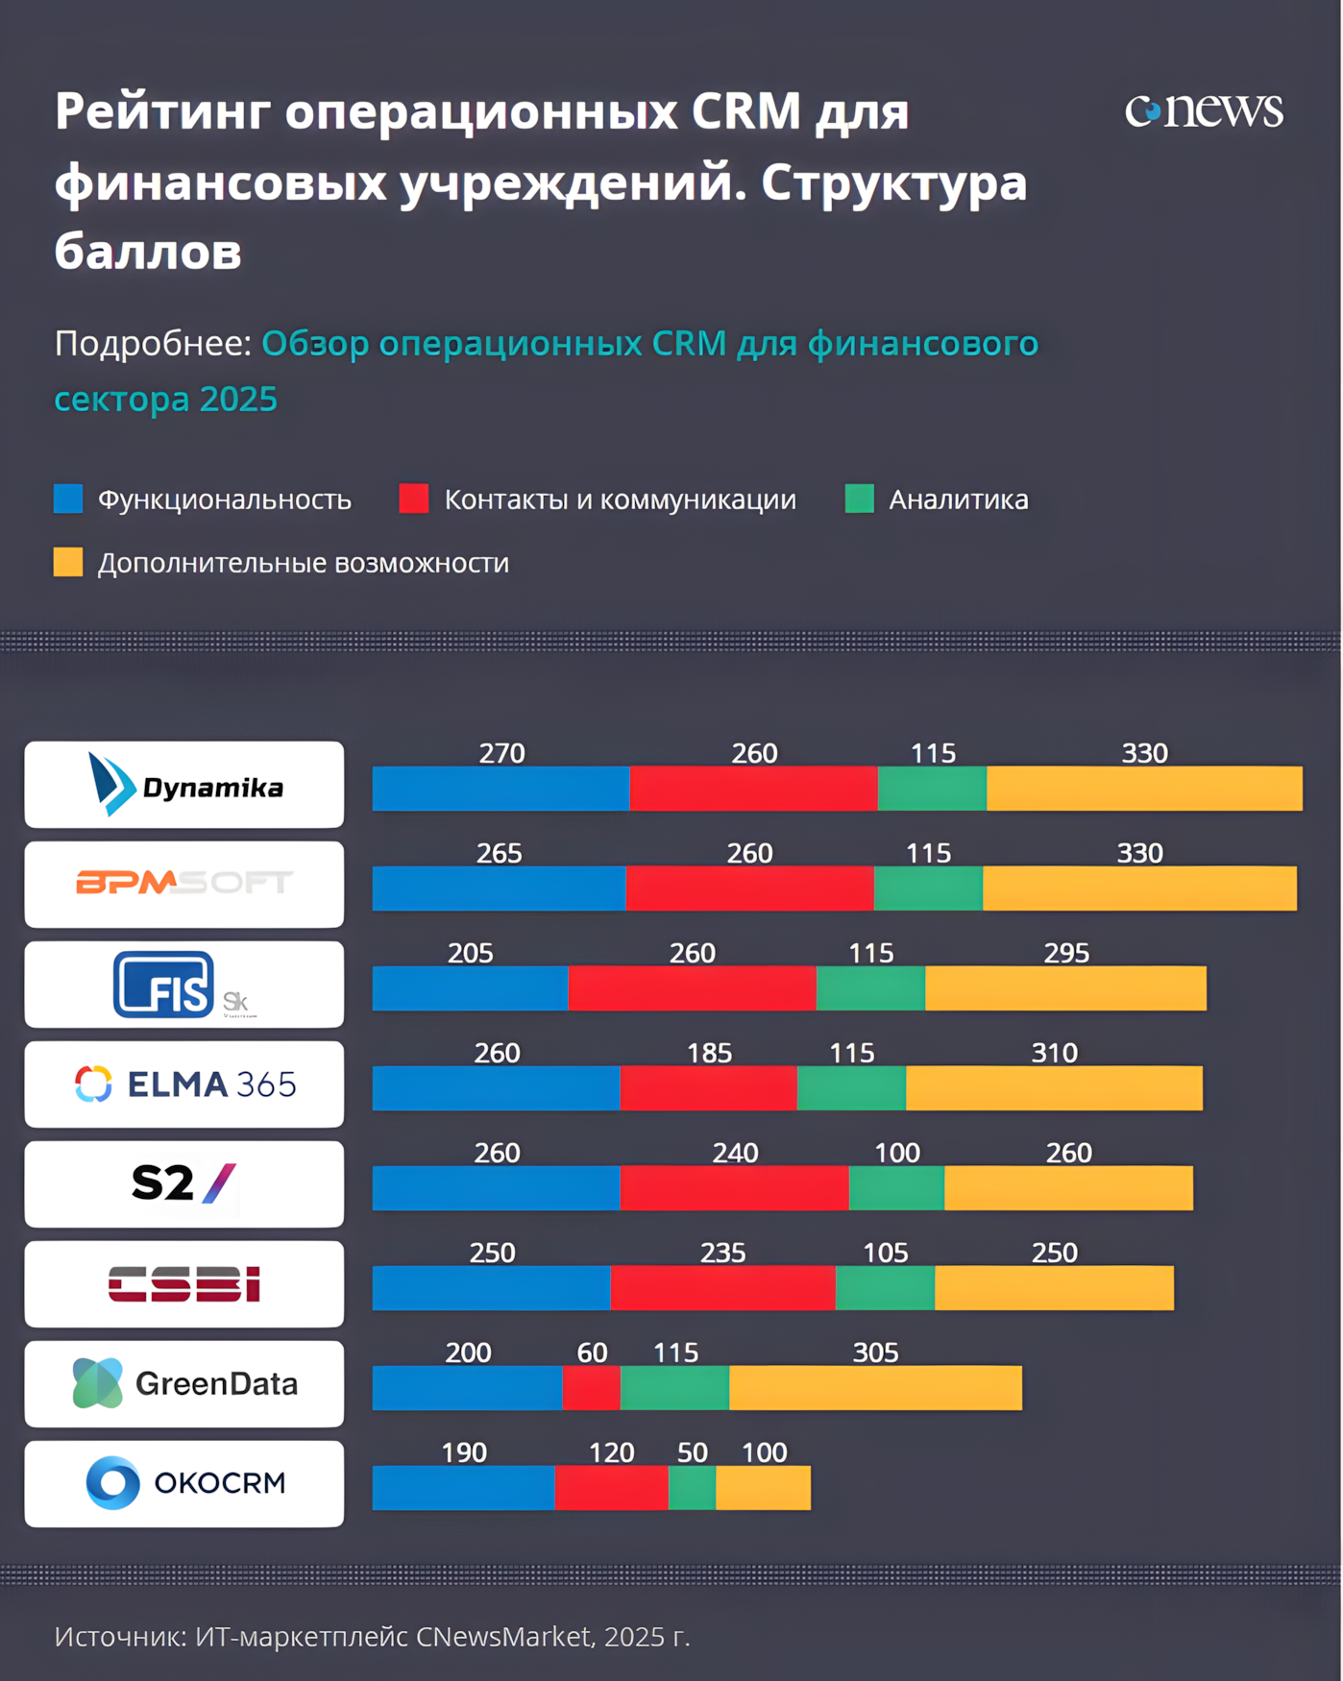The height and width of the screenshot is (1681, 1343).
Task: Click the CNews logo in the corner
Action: point(1204,110)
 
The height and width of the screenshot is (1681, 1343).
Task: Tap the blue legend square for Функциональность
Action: point(68,499)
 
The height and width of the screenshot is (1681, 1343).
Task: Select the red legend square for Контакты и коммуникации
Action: point(414,499)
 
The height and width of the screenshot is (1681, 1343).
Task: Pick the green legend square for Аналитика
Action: point(859,499)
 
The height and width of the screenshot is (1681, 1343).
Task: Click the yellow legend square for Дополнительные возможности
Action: point(68,562)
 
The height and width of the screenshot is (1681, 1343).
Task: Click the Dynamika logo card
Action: point(184,785)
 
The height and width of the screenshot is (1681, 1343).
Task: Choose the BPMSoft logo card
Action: point(184,884)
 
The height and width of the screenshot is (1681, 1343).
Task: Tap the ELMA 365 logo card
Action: point(184,1084)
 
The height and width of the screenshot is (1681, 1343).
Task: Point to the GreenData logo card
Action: point(184,1383)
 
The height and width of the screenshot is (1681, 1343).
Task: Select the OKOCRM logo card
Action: point(184,1483)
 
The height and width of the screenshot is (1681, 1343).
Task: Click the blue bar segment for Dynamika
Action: point(501,789)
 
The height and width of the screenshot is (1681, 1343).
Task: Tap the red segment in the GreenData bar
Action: point(591,1388)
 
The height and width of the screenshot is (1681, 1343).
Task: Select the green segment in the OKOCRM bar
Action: point(692,1488)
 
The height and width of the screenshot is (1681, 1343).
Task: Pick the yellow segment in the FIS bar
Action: point(1065,988)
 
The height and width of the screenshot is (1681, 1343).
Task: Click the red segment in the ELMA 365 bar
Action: point(708,1088)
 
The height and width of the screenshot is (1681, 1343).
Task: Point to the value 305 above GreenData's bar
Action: point(875,1352)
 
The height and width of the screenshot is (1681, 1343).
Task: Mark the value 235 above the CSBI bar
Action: point(722,1253)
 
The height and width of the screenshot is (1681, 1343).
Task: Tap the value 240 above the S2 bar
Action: point(735,1153)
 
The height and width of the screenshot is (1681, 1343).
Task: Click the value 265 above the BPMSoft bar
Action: point(500,853)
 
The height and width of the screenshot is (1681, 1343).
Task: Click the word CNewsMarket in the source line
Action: point(503,1636)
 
